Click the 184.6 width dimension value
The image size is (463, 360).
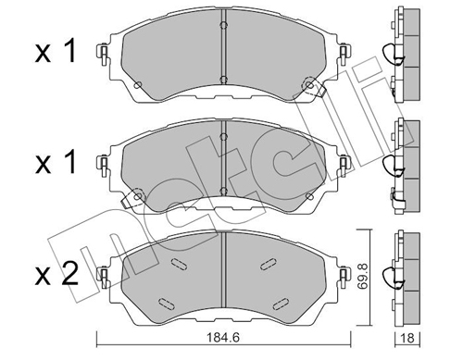(x=223, y=338)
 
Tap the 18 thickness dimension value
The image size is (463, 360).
(x=408, y=339)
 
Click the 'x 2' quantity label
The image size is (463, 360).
(x=56, y=275)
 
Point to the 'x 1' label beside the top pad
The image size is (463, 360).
(x=56, y=52)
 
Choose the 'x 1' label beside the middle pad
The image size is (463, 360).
(x=56, y=163)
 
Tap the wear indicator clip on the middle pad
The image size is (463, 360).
(x=132, y=199)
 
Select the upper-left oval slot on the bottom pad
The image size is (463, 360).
(x=178, y=264)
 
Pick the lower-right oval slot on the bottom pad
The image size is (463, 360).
(x=281, y=304)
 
